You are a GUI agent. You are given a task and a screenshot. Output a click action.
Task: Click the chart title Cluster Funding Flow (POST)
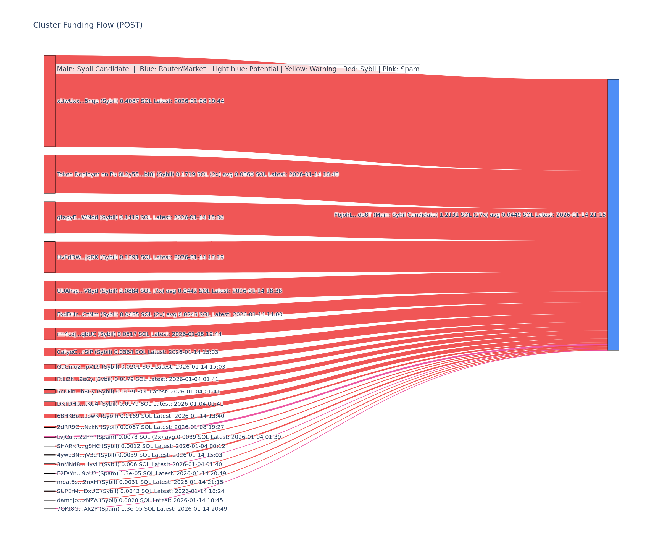pos(88,25)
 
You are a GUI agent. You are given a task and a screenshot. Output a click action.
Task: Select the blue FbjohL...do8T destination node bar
pos(613,215)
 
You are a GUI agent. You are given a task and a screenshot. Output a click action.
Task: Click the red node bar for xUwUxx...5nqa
pos(49,101)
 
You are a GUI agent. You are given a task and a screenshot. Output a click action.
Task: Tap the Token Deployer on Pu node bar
pos(49,174)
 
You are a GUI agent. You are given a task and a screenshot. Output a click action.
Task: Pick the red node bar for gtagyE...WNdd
pos(49,217)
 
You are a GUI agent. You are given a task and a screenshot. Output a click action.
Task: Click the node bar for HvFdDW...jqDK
pos(49,257)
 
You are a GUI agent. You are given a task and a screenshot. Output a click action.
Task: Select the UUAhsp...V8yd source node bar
pos(49,291)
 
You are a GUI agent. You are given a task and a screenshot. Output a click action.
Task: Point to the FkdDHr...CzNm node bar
pos(49,314)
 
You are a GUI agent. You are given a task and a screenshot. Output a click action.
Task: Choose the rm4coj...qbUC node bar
pos(49,334)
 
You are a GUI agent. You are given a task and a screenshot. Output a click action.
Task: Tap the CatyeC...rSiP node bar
pos(49,352)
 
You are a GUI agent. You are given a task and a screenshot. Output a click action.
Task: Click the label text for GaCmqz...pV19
pos(141,367)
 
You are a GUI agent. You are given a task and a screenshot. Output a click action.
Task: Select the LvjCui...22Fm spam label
pos(169,437)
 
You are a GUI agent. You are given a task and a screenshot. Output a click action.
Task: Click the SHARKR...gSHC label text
pos(141,446)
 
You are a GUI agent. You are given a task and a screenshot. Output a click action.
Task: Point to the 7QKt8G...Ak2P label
pos(142,509)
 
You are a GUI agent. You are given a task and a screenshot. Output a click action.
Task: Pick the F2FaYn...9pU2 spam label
pos(141,473)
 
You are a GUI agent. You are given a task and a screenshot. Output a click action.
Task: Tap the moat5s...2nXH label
pos(140,482)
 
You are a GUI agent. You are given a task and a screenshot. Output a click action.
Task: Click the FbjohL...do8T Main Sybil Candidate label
pos(470,215)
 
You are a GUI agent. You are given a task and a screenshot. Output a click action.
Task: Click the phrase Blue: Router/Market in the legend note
pos(172,69)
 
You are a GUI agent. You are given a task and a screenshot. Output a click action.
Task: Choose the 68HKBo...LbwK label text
pos(141,416)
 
